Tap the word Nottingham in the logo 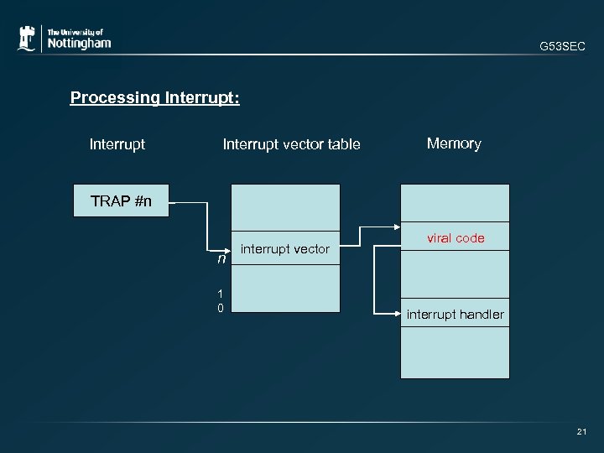79,43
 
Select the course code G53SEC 563,48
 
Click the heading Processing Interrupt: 155,98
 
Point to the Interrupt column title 117,144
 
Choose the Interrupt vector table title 291,144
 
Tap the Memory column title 454,143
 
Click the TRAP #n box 122,200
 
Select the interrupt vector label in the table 285,248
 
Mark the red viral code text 456,238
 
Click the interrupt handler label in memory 456,315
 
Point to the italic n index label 221,259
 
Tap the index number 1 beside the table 220,294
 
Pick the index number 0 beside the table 220,308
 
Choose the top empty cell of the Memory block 455,202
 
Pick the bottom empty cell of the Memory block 455,352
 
